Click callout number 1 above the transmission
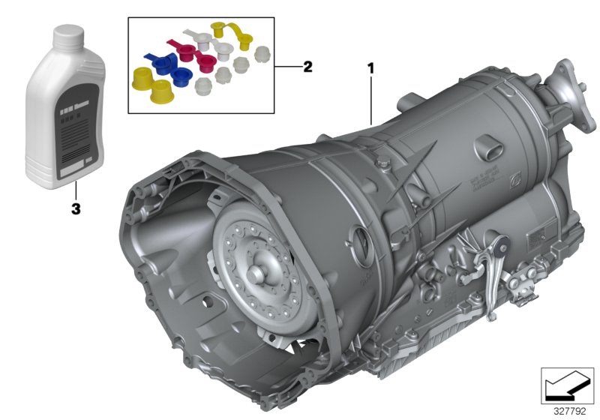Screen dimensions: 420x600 coord(370,68)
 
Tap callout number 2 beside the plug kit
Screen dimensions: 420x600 coord(307,67)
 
